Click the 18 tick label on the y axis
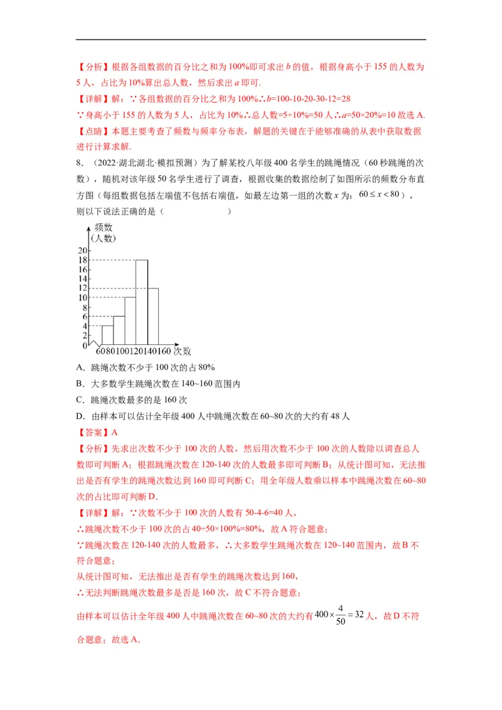click(x=83, y=260)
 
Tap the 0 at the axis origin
click(x=85, y=346)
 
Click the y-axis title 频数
click(x=104, y=227)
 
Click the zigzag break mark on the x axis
click(x=95, y=344)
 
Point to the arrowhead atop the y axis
click(x=90, y=226)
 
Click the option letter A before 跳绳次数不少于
click(x=79, y=368)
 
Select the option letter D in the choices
click(x=79, y=415)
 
